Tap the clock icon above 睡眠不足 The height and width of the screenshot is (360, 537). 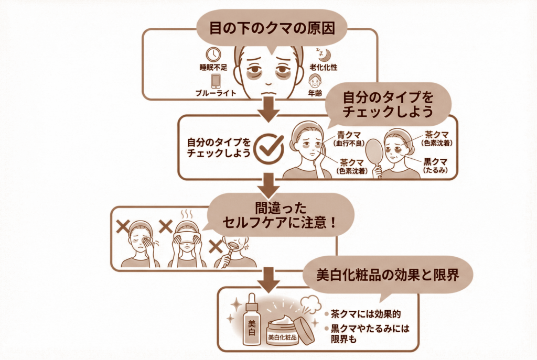coord(213,54)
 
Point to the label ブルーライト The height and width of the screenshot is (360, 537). coord(216,94)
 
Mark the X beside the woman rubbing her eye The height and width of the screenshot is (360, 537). coord(123,226)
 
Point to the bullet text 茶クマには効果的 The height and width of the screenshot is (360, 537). coord(366,314)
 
